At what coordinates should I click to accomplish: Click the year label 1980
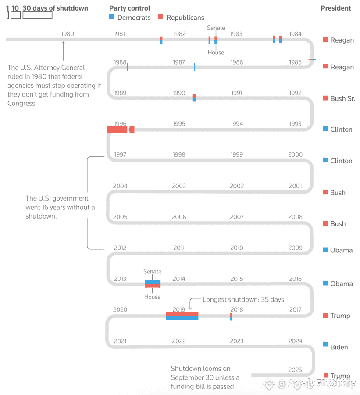(x=68, y=34)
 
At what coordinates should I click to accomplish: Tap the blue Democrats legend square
(x=111, y=17)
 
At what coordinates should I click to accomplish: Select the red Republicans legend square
(x=160, y=17)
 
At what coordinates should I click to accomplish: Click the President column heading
(x=335, y=8)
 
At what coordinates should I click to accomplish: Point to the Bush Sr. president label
(x=342, y=98)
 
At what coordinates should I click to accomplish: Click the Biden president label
(x=339, y=347)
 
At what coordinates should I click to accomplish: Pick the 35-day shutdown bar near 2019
(x=182, y=316)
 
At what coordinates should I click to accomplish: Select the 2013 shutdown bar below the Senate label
(x=153, y=284)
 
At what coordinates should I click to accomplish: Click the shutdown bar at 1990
(x=194, y=98)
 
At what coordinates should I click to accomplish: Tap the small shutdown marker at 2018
(x=231, y=317)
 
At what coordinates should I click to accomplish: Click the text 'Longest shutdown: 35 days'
(x=243, y=299)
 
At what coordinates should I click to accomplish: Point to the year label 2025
(x=295, y=370)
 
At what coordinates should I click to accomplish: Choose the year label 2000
(x=295, y=154)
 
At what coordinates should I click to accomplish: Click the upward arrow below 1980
(x=63, y=50)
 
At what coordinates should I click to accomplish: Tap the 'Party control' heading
(x=129, y=8)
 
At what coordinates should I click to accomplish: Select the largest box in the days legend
(x=37, y=15)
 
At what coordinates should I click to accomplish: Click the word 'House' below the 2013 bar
(x=152, y=297)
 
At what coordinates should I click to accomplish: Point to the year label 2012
(x=120, y=248)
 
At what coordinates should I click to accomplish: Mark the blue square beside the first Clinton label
(x=325, y=129)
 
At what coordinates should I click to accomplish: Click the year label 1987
(x=179, y=62)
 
